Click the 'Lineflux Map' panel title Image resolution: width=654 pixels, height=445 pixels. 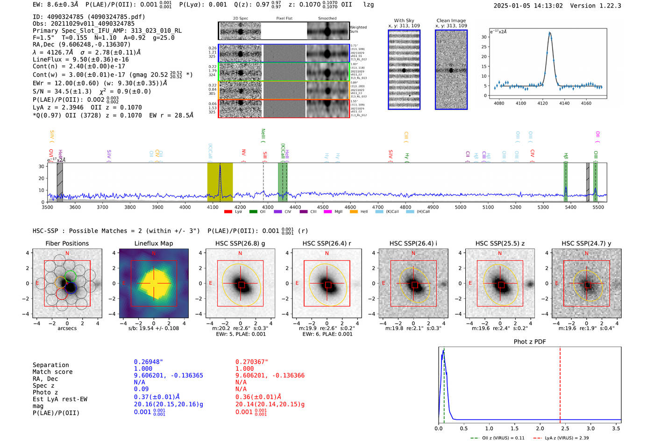(x=154, y=243)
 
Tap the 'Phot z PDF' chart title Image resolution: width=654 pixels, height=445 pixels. (x=530, y=341)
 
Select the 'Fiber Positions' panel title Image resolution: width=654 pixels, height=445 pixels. (x=67, y=243)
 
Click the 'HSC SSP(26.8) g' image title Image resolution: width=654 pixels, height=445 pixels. (x=240, y=243)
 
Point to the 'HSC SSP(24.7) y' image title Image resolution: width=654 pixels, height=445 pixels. (x=586, y=243)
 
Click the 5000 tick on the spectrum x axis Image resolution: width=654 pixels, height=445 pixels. (x=461, y=207)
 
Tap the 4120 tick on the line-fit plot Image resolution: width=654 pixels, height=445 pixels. (x=542, y=103)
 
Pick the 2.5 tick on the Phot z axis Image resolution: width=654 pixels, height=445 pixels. (x=565, y=428)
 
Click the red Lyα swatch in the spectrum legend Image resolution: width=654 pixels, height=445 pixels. (x=228, y=212)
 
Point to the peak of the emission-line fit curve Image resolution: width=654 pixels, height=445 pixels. (x=550, y=33)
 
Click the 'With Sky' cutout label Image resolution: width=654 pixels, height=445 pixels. (x=404, y=21)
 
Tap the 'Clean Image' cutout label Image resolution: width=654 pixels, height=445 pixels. (x=451, y=21)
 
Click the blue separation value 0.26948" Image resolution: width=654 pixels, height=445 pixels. (x=149, y=362)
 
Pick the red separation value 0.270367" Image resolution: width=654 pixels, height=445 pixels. (x=252, y=362)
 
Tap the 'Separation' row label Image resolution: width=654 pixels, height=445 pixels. (x=50, y=365)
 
